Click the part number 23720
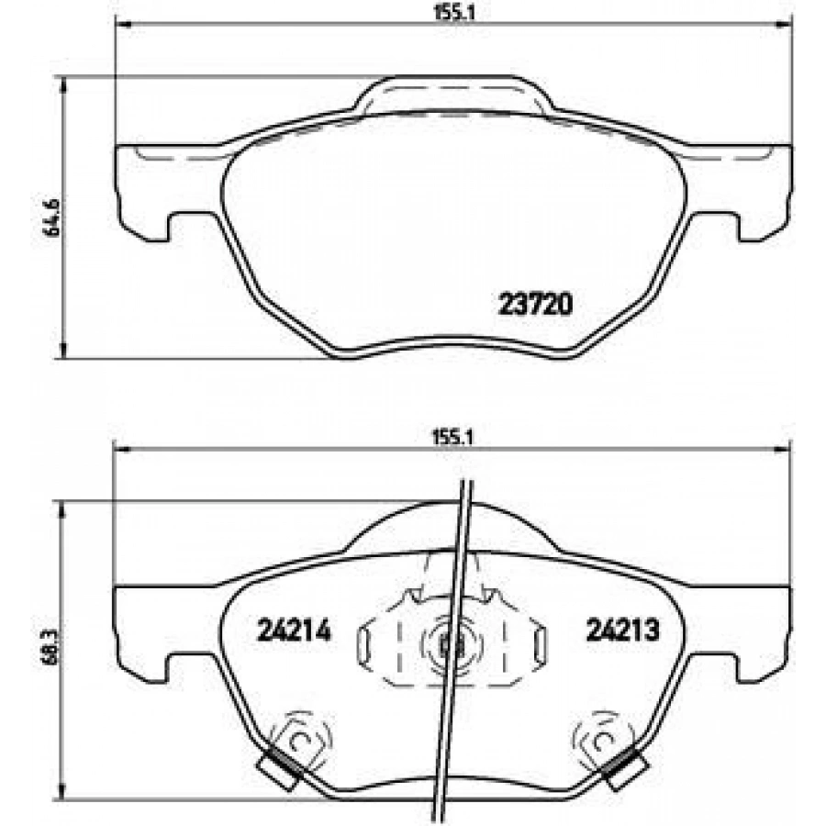click(535, 305)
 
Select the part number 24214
click(294, 630)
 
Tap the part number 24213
click(622, 630)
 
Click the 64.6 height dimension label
click(53, 218)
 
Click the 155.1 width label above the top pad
click(454, 13)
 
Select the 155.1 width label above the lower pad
click(453, 438)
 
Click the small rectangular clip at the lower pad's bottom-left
click(280, 770)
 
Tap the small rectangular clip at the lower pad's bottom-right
click(625, 769)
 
